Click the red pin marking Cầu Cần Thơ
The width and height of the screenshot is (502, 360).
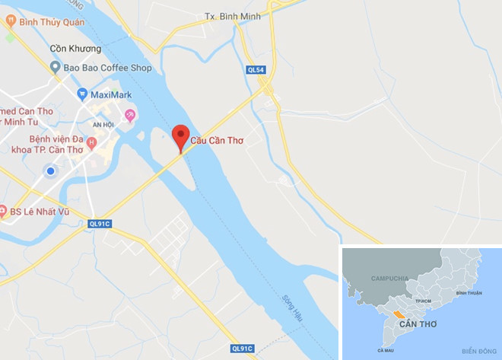point(180,136)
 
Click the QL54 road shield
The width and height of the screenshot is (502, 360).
point(256,69)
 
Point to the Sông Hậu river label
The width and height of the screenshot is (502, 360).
point(292,308)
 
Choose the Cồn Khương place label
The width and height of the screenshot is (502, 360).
point(75,49)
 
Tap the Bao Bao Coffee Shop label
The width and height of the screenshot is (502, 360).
point(107,68)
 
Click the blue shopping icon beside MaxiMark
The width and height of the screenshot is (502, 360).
point(82,95)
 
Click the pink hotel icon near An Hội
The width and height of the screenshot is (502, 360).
point(131,116)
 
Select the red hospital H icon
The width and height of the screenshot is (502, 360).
point(92,142)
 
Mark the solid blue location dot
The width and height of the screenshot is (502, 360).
point(50,171)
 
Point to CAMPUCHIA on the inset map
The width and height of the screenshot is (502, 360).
point(390,279)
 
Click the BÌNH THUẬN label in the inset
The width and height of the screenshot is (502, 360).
point(469,293)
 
